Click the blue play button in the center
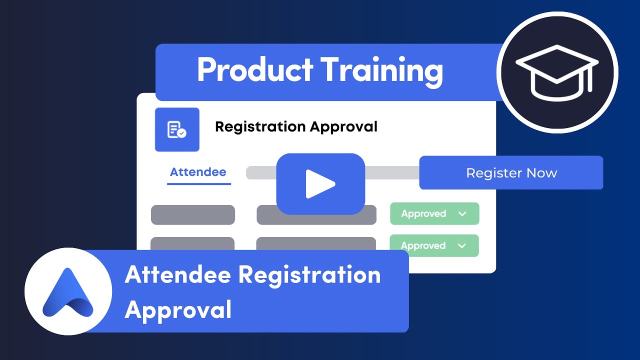(320, 183)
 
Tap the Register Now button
(511, 173)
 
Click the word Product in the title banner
(255, 70)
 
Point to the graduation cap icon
(557, 73)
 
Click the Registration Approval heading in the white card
(296, 127)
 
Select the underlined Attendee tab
(198, 172)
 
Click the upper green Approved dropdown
(434, 213)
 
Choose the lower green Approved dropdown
(434, 245)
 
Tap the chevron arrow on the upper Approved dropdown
(462, 214)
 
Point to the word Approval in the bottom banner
(178, 309)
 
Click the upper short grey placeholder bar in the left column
(193, 214)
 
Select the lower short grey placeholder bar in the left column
(192, 243)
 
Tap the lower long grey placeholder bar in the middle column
(316, 243)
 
